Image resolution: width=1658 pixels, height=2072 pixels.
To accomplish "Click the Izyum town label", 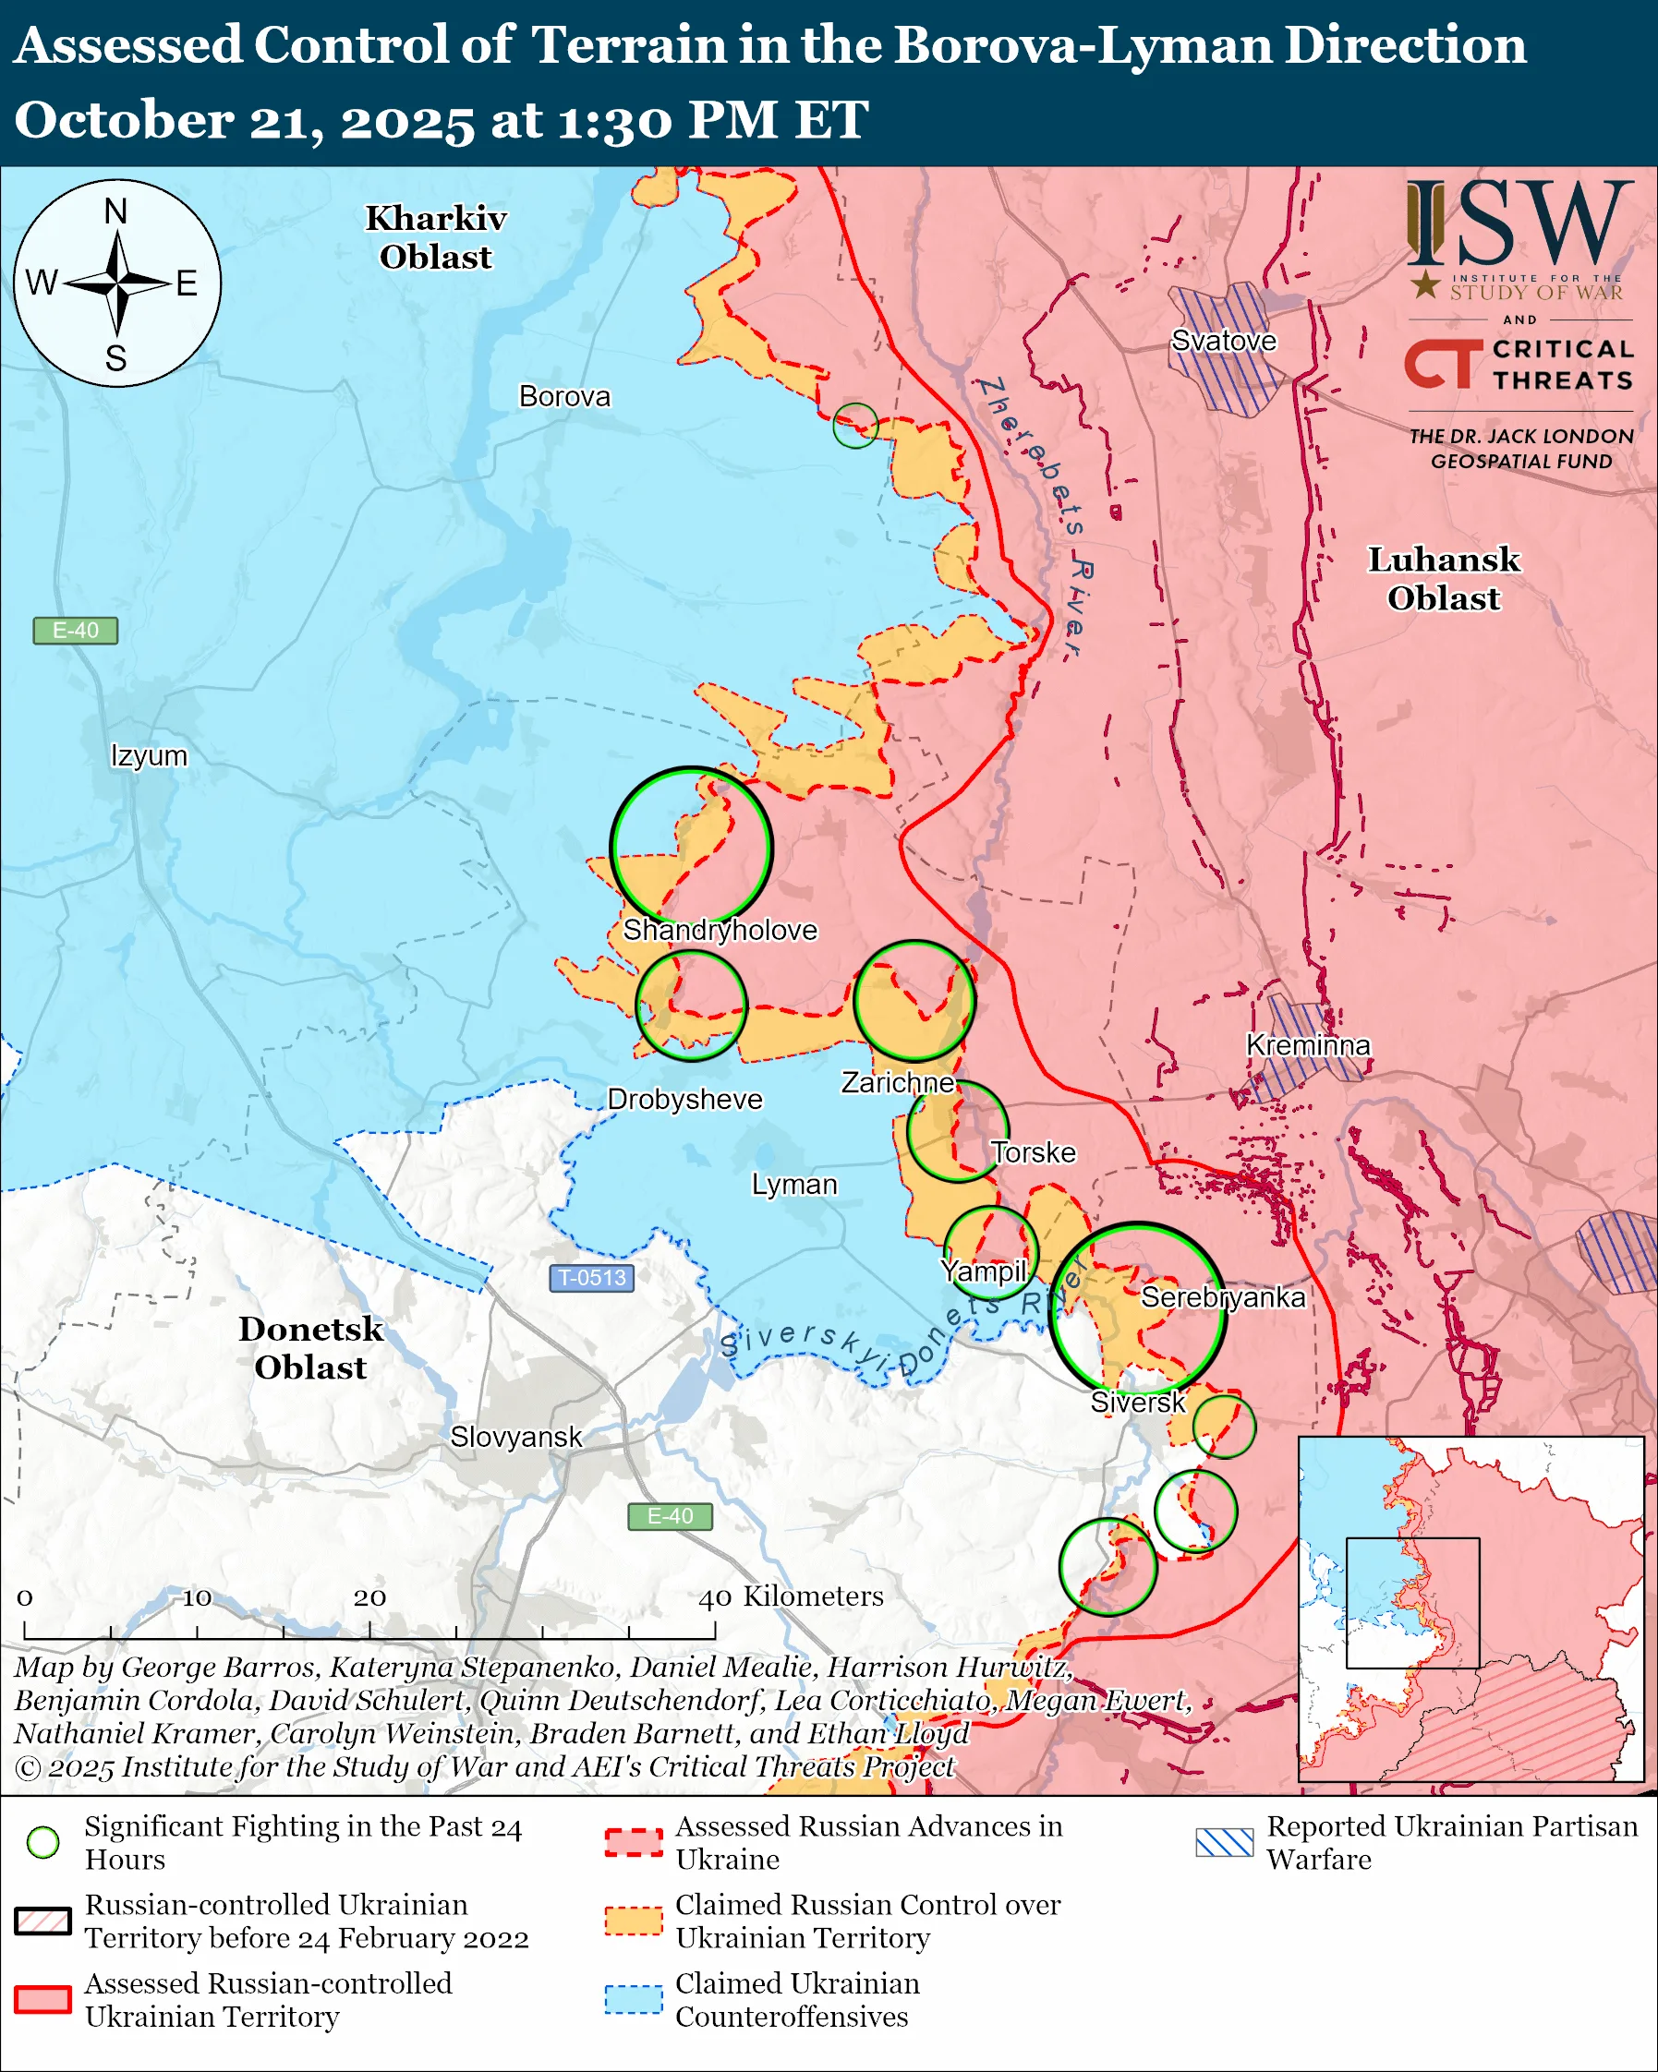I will (149, 755).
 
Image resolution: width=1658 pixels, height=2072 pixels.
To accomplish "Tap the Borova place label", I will (564, 396).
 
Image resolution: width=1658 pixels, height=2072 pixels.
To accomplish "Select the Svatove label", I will (1223, 340).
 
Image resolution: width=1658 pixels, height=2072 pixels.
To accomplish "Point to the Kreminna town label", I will (1307, 1044).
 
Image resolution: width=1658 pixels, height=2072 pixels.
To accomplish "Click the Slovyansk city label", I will (515, 1437).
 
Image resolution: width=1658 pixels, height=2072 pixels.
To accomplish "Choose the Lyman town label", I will (794, 1184).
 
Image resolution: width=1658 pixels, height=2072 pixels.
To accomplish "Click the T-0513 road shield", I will (591, 1277).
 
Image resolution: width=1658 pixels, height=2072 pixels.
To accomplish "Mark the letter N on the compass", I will (116, 211).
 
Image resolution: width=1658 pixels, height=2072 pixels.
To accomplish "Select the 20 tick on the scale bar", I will (369, 1597).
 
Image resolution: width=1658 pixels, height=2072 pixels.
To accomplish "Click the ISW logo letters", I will (1519, 226).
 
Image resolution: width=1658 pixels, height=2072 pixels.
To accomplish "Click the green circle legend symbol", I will (43, 1842).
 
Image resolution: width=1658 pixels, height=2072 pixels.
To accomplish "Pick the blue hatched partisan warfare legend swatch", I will (1224, 1842).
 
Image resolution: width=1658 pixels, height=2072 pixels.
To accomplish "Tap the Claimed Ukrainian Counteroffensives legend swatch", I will (634, 1999).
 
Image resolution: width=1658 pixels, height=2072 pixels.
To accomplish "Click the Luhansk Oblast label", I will (1443, 579).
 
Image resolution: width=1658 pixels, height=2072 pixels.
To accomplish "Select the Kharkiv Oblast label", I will (435, 237).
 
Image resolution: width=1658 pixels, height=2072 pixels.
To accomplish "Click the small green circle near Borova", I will (854, 425).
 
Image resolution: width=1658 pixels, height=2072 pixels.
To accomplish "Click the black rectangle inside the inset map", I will (1412, 1603).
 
